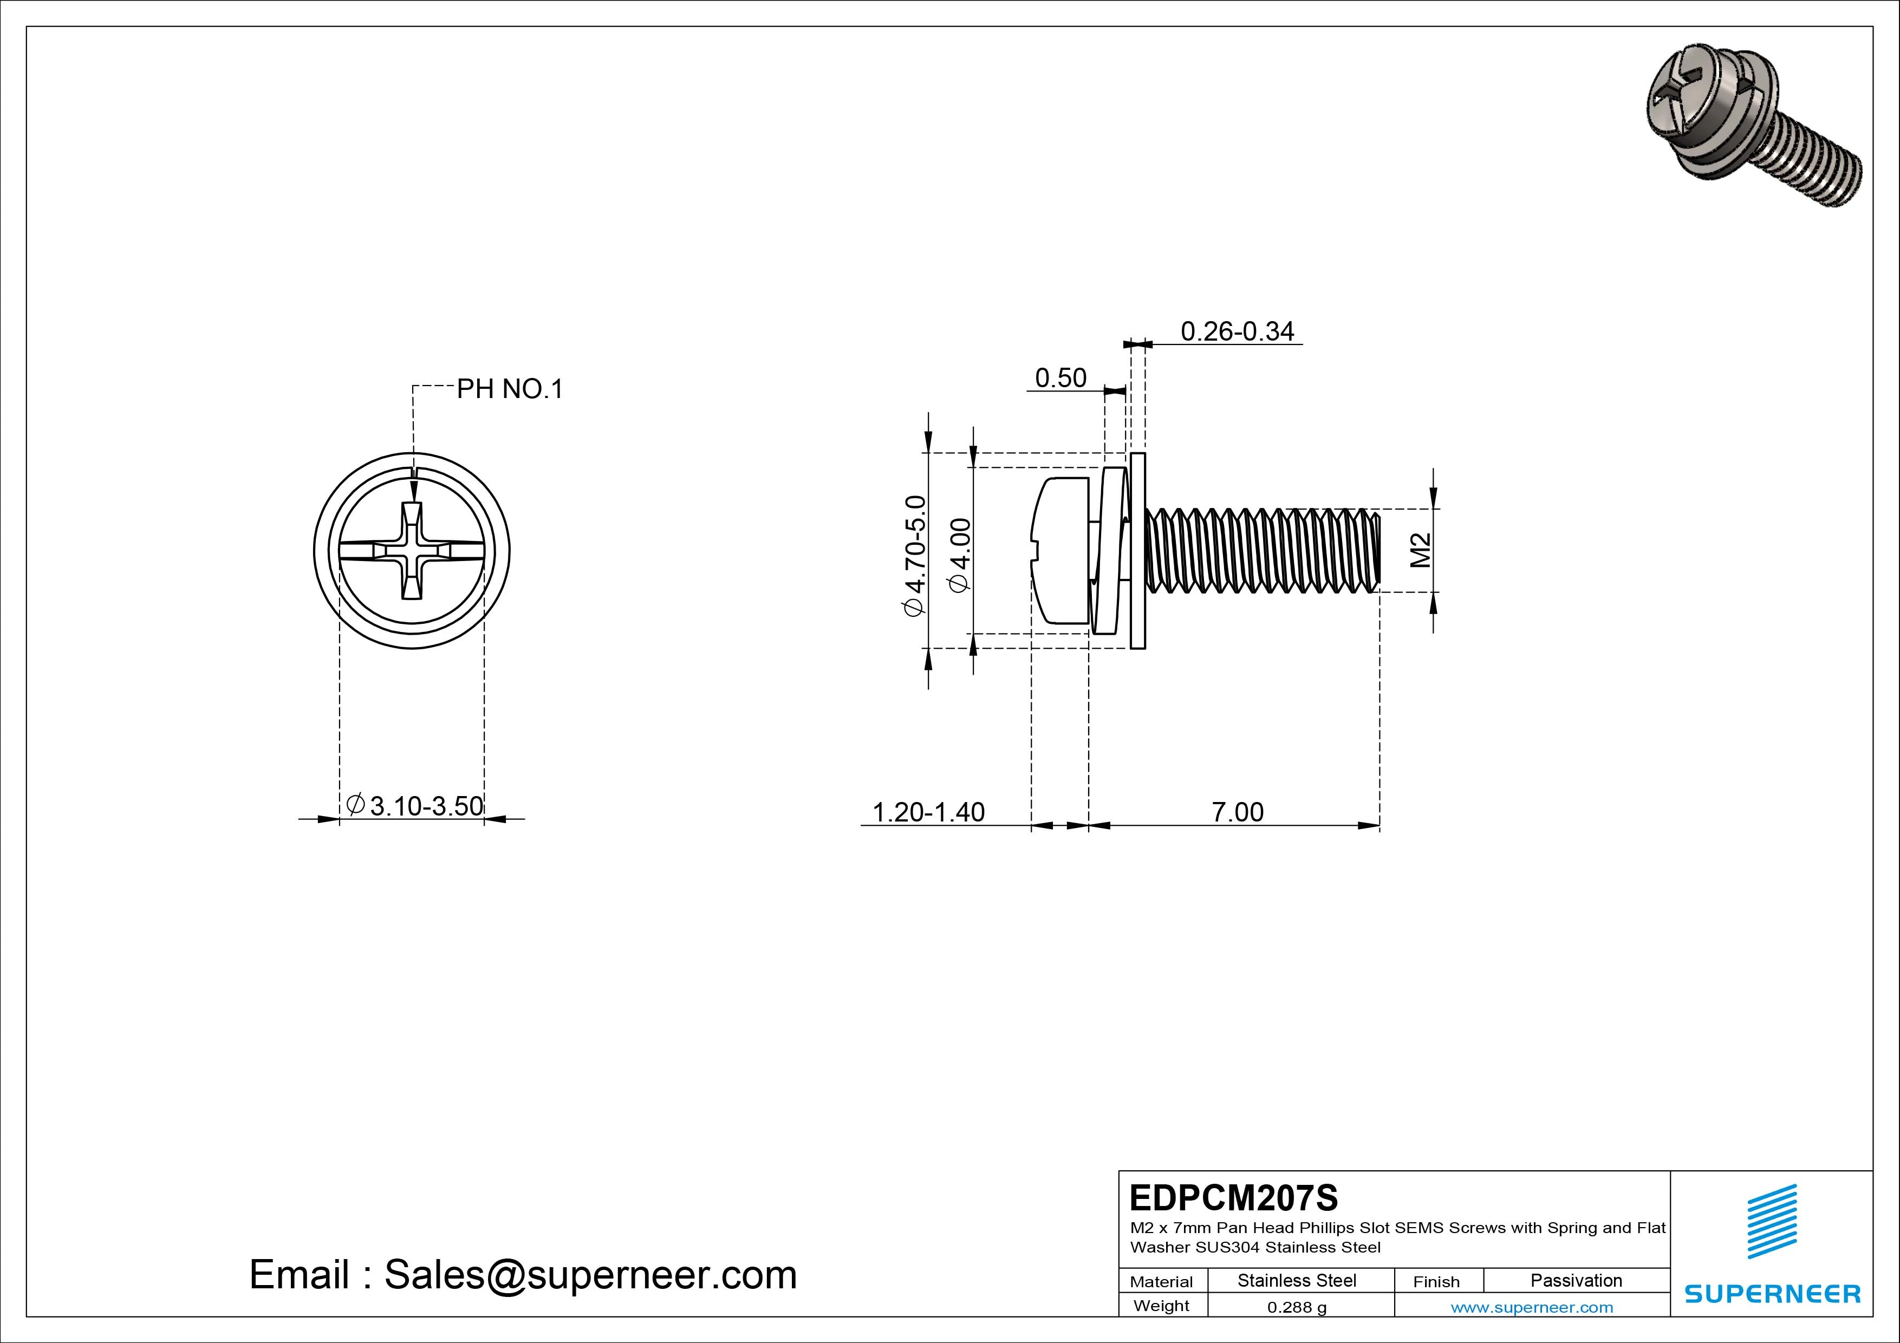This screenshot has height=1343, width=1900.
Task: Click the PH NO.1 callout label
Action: tap(510, 389)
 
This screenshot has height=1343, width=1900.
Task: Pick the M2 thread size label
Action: tap(1420, 550)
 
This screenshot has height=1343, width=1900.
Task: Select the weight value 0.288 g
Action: tap(1297, 1307)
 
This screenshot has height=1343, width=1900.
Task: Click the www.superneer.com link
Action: tap(1532, 1307)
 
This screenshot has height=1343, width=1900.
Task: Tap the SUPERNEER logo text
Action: tap(1773, 1293)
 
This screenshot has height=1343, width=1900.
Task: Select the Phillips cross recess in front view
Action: tap(411, 550)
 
